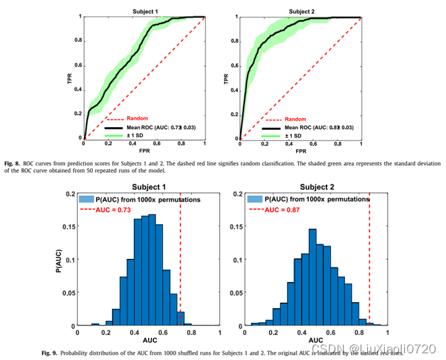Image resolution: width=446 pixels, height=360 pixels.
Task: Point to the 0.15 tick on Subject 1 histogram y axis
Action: coord(68,226)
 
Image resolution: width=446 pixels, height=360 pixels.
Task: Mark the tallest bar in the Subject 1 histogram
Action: coord(152,270)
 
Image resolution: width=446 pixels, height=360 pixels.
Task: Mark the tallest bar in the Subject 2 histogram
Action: coord(312,277)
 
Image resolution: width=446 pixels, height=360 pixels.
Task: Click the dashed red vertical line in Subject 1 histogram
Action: coord(180,269)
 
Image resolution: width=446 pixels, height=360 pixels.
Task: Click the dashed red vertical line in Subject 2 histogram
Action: coord(369,269)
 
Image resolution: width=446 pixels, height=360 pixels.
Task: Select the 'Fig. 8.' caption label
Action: coord(11,163)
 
